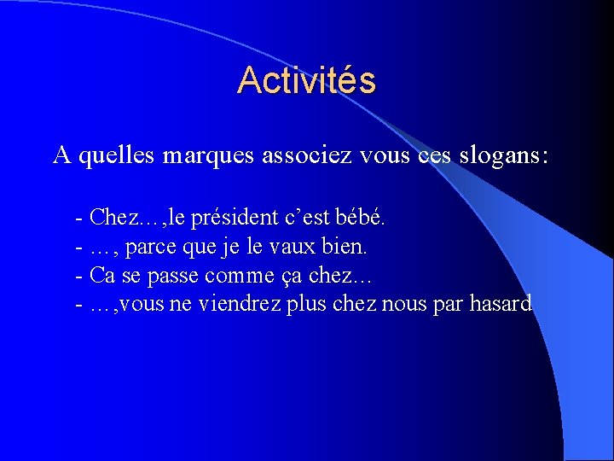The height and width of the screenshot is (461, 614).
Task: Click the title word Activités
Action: tap(306, 80)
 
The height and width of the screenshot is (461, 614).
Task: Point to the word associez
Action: tap(302, 155)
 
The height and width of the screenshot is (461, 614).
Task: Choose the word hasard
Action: tap(501, 303)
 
